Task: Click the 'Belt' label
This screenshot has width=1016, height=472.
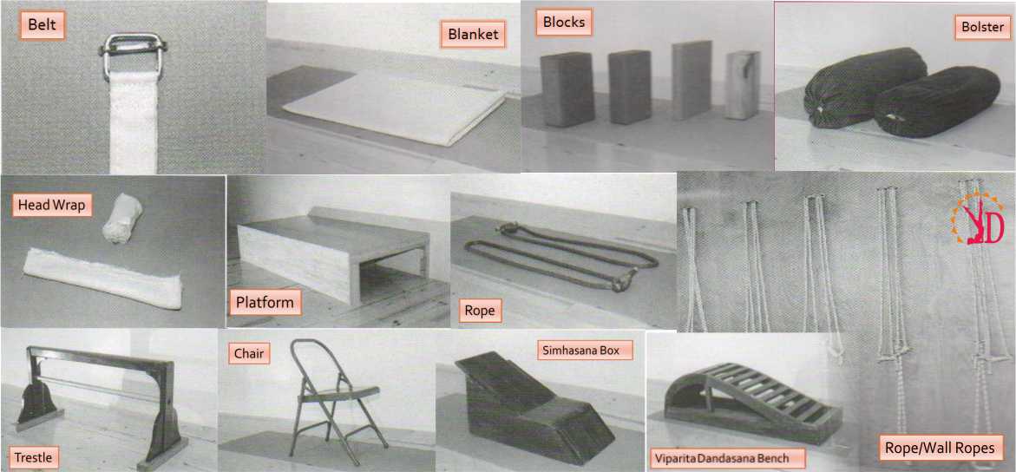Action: click(x=43, y=27)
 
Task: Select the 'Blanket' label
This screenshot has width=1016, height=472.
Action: click(x=474, y=35)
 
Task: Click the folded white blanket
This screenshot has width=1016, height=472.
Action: click(x=394, y=107)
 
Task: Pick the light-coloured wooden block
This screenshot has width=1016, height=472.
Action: click(x=743, y=85)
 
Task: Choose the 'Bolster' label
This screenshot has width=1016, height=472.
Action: click(x=980, y=29)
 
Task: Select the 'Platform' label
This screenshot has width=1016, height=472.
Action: click(x=265, y=302)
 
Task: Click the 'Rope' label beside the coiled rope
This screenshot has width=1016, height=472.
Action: click(x=480, y=311)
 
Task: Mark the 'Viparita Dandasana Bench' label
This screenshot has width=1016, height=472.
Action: click(x=727, y=459)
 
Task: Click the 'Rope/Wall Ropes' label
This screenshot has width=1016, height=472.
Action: click(x=942, y=448)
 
